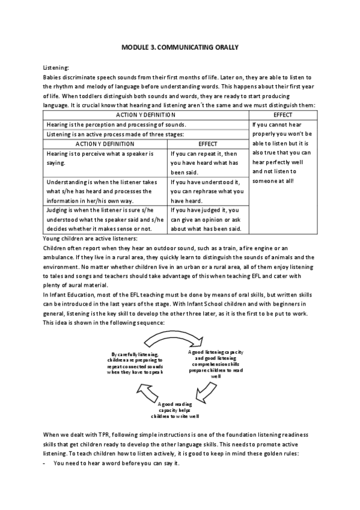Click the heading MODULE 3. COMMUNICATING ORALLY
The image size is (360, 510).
[x=180, y=46]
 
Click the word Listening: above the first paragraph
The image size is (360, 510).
[x=56, y=69]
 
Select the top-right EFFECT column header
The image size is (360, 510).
[x=282, y=113]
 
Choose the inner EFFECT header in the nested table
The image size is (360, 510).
[x=207, y=144]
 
